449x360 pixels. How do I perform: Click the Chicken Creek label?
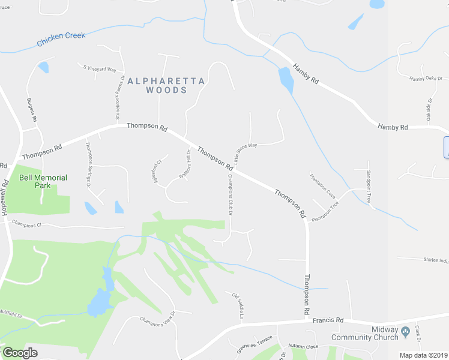pyautogui.click(x=61, y=40)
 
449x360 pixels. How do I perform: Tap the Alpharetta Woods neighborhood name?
pyautogui.click(x=166, y=85)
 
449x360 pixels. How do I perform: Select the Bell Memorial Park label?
pyautogui.click(x=43, y=182)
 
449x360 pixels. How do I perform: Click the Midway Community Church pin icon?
pyautogui.click(x=405, y=331)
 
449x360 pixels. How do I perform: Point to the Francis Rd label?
pyautogui.click(x=328, y=320)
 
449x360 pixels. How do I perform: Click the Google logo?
pyautogui.click(x=20, y=353)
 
